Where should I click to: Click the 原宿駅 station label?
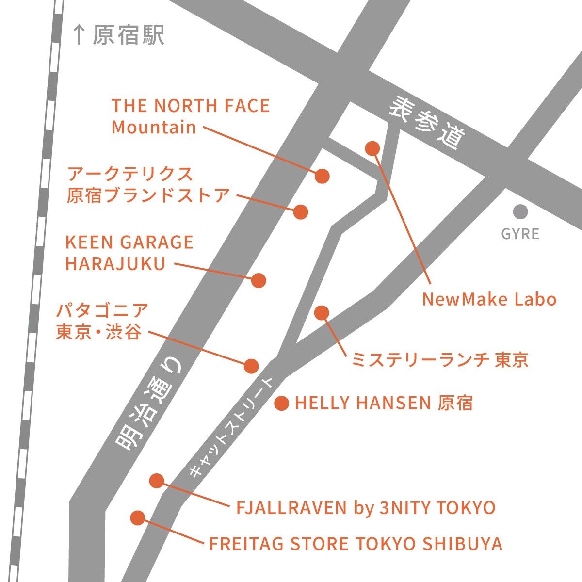[129, 35]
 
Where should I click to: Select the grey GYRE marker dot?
[520, 211]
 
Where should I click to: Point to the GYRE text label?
[520, 234]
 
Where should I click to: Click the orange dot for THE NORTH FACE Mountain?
[322, 176]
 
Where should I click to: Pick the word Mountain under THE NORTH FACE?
[154, 127]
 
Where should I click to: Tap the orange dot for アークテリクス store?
[301, 212]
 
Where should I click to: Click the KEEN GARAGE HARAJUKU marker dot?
[259, 280]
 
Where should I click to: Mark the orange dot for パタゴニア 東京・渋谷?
[251, 366]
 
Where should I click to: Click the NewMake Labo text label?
[489, 299]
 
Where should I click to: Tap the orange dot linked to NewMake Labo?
[372, 148]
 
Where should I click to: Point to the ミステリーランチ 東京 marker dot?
[322, 313]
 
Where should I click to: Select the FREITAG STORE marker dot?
[138, 517]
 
